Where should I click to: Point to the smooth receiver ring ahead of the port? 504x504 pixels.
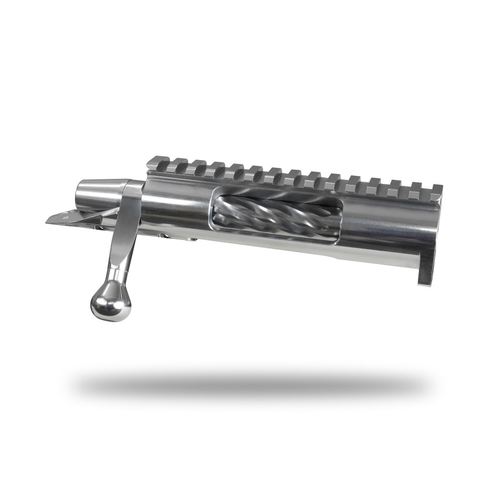[388, 226]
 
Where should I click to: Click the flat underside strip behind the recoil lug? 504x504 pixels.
[367, 257]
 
